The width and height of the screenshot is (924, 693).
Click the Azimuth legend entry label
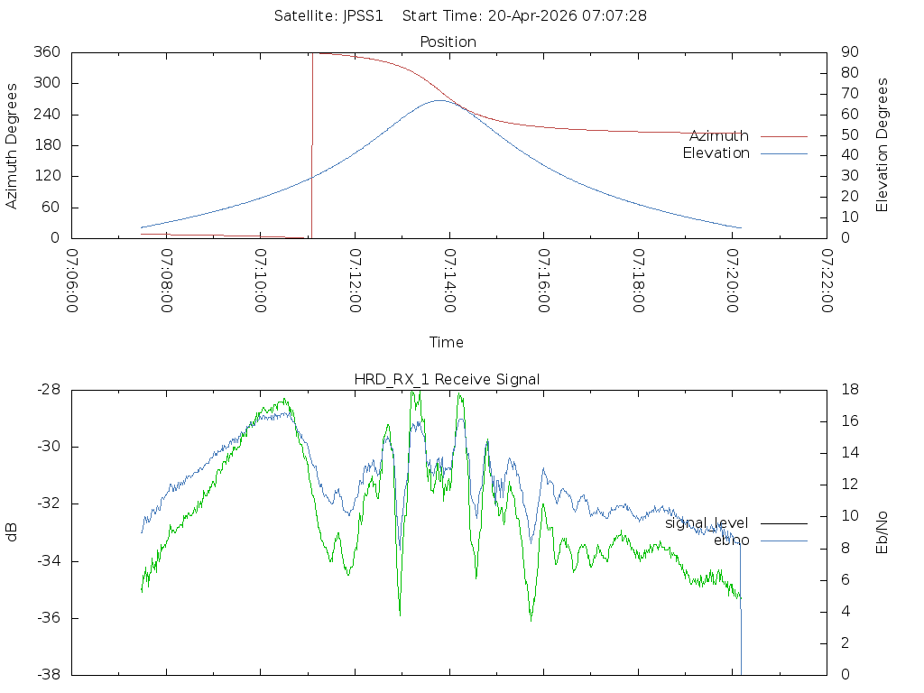click(719, 136)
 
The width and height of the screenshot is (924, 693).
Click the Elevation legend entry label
click(716, 153)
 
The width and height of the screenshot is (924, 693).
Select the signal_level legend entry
click(707, 523)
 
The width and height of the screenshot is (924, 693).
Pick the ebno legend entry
click(731, 541)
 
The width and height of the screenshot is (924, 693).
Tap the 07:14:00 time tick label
click(449, 281)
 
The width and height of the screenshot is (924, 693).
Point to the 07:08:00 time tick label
click(167, 281)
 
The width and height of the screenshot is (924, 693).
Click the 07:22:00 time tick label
click(827, 281)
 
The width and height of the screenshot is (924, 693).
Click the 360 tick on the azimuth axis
click(47, 51)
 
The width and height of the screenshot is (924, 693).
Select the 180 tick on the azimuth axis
click(47, 145)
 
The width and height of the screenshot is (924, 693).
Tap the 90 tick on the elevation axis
click(850, 51)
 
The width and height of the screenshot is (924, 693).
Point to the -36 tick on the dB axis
click(49, 618)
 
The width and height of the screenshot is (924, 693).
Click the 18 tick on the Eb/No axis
click(850, 390)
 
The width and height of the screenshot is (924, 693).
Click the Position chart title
click(448, 42)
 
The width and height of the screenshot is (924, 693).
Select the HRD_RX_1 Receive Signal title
click(447, 380)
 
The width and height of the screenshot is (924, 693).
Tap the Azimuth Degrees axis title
click(11, 146)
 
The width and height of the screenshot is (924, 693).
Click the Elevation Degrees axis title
click(882, 145)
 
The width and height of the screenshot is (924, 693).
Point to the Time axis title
click(446, 342)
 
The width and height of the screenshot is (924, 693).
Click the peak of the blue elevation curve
click(439, 100)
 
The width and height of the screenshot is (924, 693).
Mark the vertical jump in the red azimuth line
click(311, 145)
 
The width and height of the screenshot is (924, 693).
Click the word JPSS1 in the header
click(363, 16)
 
